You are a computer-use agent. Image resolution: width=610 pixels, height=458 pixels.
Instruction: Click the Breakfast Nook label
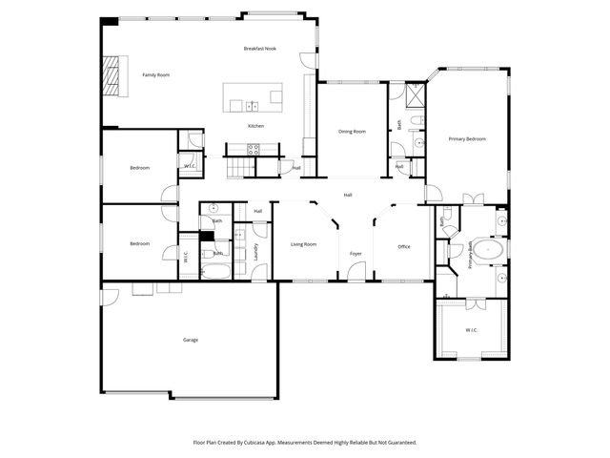click(259, 48)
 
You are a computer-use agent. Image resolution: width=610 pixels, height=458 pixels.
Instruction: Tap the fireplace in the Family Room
click(113, 74)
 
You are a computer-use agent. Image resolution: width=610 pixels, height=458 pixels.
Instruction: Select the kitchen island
click(254, 96)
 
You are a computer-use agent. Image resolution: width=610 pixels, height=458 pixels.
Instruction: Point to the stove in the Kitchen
click(254, 148)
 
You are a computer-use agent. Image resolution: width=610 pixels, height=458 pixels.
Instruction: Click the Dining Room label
click(352, 132)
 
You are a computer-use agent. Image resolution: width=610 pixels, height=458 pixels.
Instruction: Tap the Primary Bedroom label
click(467, 139)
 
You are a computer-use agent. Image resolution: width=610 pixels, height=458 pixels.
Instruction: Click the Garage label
click(191, 340)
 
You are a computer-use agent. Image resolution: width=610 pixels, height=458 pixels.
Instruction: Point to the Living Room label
click(303, 245)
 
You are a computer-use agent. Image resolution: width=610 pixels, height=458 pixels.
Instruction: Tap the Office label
click(403, 247)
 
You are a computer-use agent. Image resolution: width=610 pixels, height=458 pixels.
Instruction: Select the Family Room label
click(156, 74)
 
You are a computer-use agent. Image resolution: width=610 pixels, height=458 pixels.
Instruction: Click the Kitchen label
click(255, 126)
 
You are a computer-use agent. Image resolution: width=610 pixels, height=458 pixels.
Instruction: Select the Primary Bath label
click(470, 257)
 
